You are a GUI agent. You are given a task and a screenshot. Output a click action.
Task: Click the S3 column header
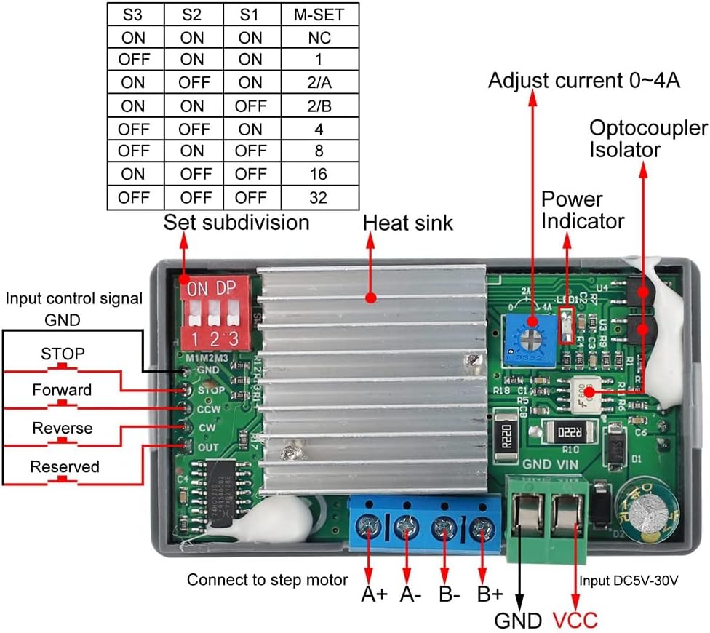coord(133,14)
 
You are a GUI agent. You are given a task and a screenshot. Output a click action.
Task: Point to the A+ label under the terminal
coord(374,594)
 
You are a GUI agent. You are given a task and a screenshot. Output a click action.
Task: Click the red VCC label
coord(575,621)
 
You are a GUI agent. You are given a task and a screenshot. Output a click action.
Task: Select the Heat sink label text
coord(407,223)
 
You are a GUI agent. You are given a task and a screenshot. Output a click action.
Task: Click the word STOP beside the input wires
coord(63,354)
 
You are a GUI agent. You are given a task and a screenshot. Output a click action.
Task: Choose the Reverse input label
coord(63,429)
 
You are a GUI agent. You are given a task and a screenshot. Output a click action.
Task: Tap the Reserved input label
coord(64,467)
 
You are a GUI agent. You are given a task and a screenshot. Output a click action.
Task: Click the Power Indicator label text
coord(583,210)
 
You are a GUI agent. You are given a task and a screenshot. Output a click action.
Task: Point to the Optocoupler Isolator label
coord(647,139)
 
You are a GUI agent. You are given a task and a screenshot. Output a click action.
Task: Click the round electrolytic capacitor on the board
coord(647,513)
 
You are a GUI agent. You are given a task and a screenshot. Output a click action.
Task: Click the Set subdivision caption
coord(236,222)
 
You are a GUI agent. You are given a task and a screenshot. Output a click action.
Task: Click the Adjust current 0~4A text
coord(584,80)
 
